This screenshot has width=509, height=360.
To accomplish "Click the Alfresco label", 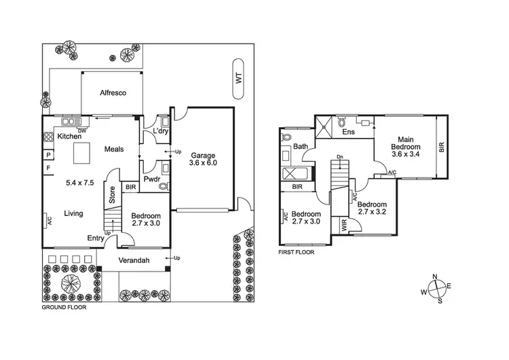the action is (113, 93).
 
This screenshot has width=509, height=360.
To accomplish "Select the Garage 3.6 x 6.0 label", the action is (204, 158).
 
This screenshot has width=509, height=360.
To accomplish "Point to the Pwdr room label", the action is (151, 180).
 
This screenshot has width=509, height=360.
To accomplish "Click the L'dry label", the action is (160, 130).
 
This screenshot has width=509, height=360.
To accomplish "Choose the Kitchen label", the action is (69, 137).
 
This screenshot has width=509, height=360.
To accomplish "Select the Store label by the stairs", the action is (113, 196).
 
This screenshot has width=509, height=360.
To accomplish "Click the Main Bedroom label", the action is (406, 147).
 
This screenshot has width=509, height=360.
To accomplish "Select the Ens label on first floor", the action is (348, 132).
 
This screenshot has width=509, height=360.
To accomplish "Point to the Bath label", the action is (301, 147).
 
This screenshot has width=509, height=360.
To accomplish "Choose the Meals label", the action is (113, 149).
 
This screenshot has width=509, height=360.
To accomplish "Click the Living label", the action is (73, 213).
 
